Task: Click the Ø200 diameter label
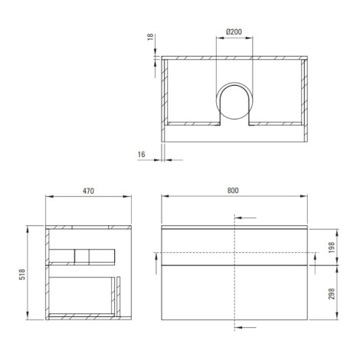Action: click(234, 32)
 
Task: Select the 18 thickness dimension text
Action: click(151, 37)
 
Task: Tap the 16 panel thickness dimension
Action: click(141, 155)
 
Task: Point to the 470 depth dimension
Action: click(88, 191)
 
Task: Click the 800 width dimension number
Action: click(233, 191)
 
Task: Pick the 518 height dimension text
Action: click(22, 274)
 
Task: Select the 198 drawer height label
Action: click(332, 247)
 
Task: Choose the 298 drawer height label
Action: click(332, 294)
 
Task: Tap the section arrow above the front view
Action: click(245, 218)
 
